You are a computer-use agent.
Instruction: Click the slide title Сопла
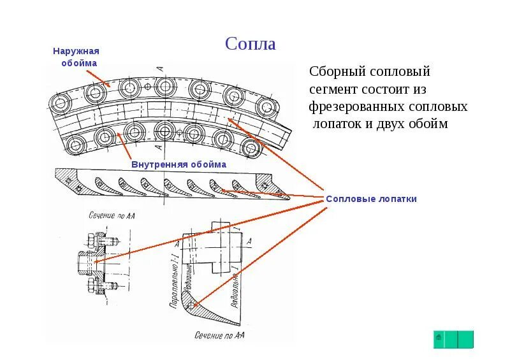click(x=251, y=44)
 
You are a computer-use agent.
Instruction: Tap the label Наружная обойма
click(x=76, y=57)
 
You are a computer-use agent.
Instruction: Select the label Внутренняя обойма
click(x=179, y=164)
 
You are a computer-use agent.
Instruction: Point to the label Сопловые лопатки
click(x=371, y=199)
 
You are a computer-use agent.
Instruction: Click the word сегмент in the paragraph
click(x=333, y=89)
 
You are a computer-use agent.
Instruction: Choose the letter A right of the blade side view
click(x=249, y=240)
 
